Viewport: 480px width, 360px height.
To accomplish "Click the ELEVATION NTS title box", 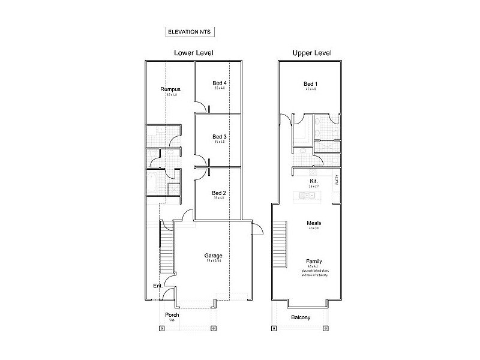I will pos(190,32).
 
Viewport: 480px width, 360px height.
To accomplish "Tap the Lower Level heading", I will pos(194,53).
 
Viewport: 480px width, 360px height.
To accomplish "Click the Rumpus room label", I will pos(170,89).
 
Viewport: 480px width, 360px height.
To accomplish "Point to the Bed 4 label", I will pos(219,83).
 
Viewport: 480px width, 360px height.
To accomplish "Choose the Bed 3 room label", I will pos(219,136).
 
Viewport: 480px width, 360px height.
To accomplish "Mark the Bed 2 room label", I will pos(219,193).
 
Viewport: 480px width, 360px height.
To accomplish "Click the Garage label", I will pos(213,256).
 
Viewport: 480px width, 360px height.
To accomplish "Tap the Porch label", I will pos(172,314).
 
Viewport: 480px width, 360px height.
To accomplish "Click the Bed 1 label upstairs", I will pos(310,83).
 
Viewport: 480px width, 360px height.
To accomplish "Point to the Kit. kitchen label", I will pos(313,181).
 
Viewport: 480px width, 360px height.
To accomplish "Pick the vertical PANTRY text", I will pos(337,179).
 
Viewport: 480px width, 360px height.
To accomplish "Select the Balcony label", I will pos(301,317).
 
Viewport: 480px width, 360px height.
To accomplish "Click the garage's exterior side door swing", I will pos(257,229).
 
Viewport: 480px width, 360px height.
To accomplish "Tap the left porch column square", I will pos(160,328).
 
